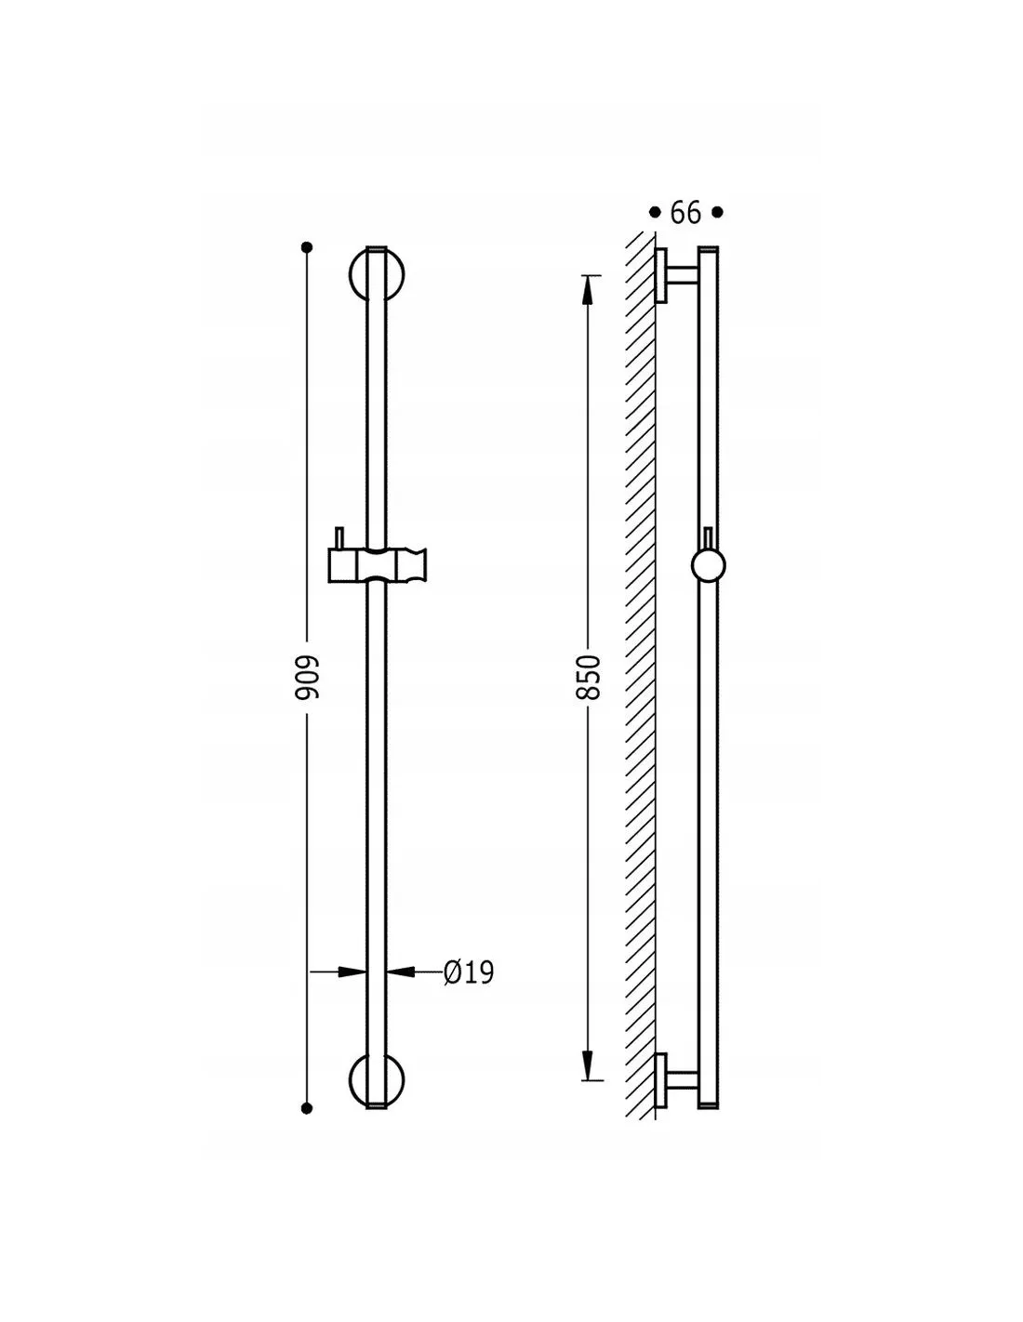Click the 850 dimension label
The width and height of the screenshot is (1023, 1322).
pos(589,677)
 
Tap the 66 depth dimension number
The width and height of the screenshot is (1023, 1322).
pos(685,212)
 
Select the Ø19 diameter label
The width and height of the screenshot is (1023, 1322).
pos(468,972)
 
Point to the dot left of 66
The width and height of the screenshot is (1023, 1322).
pos(655,212)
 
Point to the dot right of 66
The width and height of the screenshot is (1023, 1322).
pos(717,212)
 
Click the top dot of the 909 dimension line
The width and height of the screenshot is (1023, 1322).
pos(307,247)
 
